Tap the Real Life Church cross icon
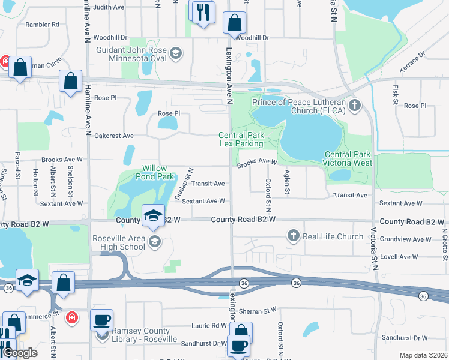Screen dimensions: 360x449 click(294, 236)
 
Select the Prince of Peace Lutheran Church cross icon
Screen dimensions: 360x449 click(355, 106)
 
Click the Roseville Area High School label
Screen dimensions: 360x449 click(119, 242)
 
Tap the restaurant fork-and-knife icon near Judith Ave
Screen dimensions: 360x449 click(202, 11)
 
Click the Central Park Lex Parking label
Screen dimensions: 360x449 click(241, 140)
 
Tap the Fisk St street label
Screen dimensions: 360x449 click(395, 92)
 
